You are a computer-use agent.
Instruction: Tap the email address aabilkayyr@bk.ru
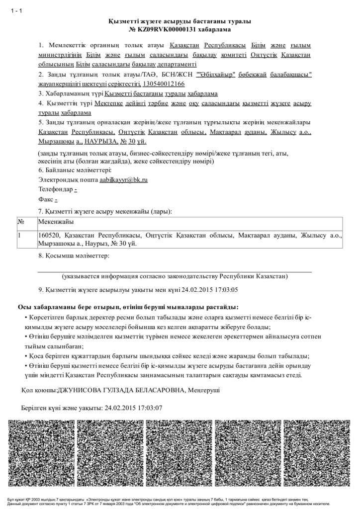[x=123, y=179]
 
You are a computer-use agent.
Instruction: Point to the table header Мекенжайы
[x=56, y=221]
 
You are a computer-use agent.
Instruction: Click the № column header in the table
[x=21, y=221]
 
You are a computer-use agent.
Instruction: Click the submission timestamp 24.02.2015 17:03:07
[x=133, y=408]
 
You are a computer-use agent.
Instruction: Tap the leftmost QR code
[x=42, y=453]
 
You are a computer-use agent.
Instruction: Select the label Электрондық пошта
[x=68, y=179]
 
